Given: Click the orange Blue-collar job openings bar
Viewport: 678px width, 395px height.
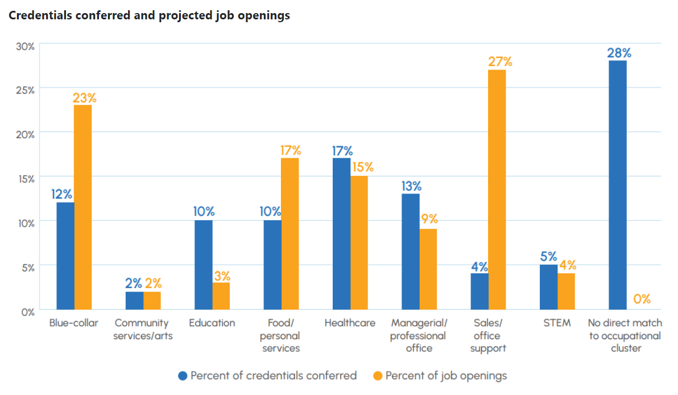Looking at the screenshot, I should pos(83,207).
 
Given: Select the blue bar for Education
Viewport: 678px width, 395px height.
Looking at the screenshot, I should pos(203,265).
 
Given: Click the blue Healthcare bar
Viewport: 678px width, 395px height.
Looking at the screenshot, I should pos(341,233).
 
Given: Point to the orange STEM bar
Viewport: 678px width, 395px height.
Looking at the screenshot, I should pos(566,291).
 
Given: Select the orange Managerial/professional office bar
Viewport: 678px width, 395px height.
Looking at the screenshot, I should pos(428,269).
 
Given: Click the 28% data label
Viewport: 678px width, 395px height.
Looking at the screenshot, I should pos(619,53).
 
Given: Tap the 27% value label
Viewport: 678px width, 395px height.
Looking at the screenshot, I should pos(500,61).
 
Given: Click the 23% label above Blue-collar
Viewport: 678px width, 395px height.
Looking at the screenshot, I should pos(84,97).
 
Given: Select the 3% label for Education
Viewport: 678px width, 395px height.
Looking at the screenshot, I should pos(222,276).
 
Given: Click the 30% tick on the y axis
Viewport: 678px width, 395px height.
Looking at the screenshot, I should pos(25,46).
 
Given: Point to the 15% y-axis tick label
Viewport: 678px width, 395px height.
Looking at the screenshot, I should pos(25,178).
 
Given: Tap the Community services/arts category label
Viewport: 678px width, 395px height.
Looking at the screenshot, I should pos(143,330).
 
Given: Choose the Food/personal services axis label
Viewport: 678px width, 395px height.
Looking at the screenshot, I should pos(281,335).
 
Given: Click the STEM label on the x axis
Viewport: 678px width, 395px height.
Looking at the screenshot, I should pos(557,323).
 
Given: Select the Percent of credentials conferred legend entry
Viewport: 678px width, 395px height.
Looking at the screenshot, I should pos(273,376).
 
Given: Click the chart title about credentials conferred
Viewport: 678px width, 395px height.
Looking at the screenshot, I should pos(149,15).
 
